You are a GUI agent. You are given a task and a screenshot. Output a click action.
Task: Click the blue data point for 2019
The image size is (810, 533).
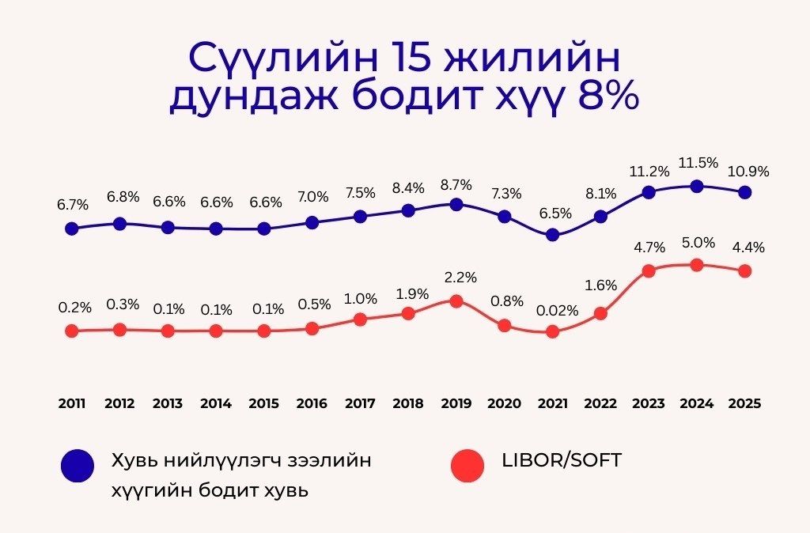456,204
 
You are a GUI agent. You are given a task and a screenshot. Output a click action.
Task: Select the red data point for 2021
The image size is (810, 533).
552,331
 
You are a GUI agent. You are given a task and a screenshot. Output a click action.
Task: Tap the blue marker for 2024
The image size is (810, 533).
697,187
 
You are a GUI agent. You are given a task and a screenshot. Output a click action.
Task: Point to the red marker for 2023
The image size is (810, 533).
649,270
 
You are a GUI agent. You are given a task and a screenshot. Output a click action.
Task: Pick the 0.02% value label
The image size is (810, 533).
558,310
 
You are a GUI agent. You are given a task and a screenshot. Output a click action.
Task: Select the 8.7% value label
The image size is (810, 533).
456,185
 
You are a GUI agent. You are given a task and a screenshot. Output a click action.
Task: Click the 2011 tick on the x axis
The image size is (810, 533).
72,403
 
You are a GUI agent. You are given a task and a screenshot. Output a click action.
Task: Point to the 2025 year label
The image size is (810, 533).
745,403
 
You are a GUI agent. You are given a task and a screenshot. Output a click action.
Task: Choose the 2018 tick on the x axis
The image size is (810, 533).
408,403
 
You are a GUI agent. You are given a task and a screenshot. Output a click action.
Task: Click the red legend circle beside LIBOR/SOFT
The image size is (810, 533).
467,465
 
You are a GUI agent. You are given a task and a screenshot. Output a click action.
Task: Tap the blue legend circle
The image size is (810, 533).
77,465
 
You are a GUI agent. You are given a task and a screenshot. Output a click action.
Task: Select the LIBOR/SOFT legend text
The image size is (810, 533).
562,460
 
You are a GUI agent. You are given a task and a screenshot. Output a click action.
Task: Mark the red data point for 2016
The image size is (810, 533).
312,328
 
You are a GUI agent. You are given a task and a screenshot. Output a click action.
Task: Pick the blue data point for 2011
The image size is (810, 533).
72,229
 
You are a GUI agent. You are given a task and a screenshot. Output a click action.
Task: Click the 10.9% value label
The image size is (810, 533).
748,171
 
